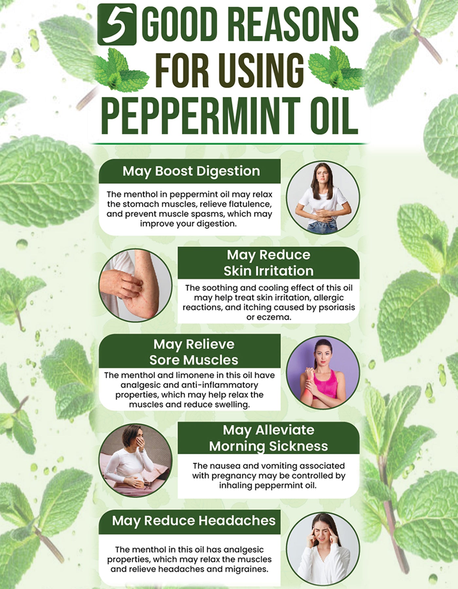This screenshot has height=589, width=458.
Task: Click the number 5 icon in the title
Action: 116,25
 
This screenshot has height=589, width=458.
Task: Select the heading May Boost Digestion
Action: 191,171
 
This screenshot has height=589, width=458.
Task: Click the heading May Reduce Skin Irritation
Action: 268,263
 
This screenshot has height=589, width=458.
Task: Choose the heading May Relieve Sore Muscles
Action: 194,352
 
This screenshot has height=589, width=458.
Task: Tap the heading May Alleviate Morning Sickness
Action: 268,438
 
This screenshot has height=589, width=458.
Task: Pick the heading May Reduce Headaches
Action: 194,521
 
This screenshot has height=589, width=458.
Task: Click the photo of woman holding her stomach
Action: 323,197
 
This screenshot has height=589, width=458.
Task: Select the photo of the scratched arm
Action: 135,285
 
